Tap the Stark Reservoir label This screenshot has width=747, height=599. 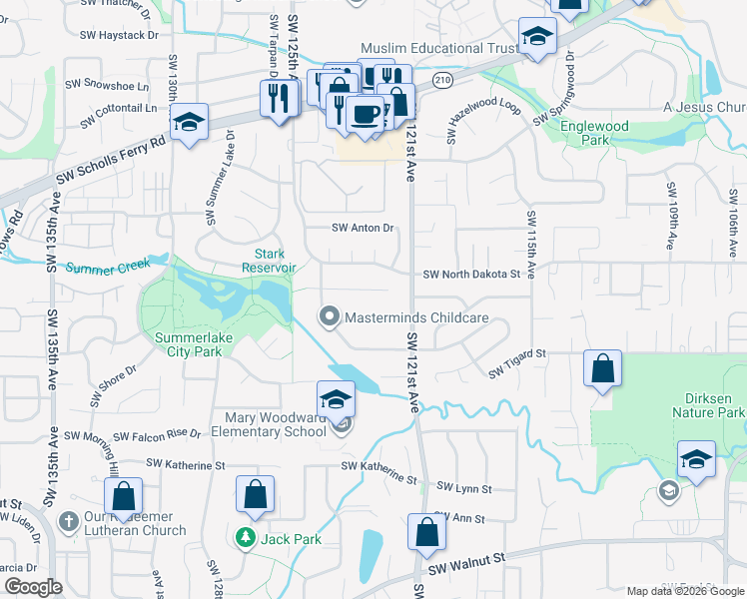(x=269, y=261)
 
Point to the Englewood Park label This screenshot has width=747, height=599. (x=594, y=134)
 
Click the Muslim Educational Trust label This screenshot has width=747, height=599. (x=438, y=48)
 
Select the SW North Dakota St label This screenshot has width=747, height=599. (x=472, y=275)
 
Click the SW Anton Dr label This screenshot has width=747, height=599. (x=364, y=228)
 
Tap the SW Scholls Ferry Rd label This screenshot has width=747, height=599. (x=110, y=162)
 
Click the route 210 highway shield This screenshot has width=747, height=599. (x=441, y=77)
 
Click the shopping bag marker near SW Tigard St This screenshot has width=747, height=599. (x=604, y=368)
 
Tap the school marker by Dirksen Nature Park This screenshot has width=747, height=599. (x=696, y=459)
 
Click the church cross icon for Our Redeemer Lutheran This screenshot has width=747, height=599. (x=69, y=521)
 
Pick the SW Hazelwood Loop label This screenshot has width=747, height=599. (x=484, y=117)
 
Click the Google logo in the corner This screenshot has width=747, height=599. (x=32, y=587)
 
